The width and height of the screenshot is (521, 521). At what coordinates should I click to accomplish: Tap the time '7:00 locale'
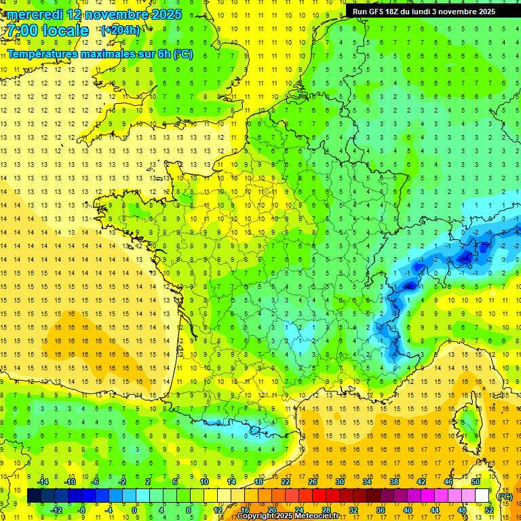[x=48, y=31]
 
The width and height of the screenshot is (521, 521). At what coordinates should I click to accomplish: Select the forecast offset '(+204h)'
[x=121, y=31]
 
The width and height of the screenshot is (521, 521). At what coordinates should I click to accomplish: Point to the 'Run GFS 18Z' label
[x=377, y=12]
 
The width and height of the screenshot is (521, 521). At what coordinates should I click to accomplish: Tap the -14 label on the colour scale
[x=43, y=482]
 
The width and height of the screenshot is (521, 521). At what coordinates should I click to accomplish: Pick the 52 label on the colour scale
[x=488, y=510]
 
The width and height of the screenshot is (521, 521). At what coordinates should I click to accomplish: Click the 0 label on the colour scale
[x=134, y=510]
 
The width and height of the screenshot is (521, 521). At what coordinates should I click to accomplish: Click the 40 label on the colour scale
[x=408, y=510]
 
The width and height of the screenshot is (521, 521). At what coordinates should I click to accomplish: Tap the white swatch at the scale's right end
[x=482, y=496]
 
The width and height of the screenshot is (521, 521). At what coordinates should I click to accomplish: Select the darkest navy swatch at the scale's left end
[x=34, y=496]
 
